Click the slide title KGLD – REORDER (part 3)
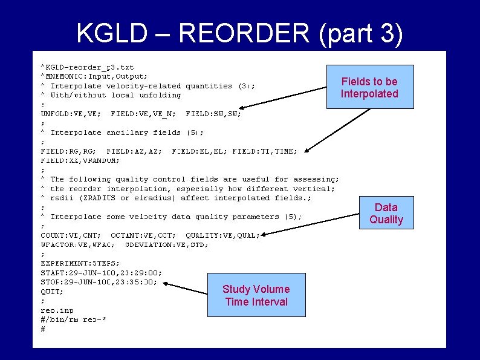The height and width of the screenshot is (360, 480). (239, 34)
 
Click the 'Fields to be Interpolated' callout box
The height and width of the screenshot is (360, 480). (369, 87)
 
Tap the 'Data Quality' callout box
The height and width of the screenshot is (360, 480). (386, 213)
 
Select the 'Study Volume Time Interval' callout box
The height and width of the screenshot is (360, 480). (256, 295)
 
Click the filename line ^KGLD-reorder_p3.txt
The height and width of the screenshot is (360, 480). (87, 67)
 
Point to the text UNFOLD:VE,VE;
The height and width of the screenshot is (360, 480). (71, 113)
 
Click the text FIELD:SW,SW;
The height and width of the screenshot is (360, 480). (213, 113)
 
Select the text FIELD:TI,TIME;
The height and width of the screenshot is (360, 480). (264, 151)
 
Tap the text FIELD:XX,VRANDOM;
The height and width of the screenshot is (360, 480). (80, 160)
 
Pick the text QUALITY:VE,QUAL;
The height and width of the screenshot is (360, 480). (222, 235)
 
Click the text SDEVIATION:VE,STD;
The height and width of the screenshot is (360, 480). (166, 244)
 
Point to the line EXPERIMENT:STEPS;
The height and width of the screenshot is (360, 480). (80, 263)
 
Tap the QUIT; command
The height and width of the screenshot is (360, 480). (51, 291)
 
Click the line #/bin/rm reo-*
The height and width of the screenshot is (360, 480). (73, 319)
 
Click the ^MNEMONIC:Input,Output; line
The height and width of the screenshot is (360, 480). (94, 76)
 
